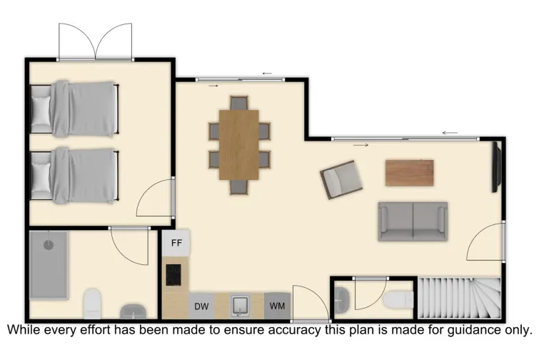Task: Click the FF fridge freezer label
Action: coord(176,243)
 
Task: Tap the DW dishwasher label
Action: coord(201,306)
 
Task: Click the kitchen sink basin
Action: coord(240,306)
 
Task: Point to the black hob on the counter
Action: coord(173,274)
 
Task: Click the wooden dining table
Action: coord(238,145)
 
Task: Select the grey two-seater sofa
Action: coord(413,221)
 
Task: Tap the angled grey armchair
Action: coord(341,179)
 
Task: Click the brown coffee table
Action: coord(409,172)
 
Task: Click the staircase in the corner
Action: coord(458,298)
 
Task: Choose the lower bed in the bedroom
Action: coord(74,174)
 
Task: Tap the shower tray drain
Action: coord(49,244)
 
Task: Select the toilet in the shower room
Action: coord(92,304)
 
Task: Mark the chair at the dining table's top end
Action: coord(238,103)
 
